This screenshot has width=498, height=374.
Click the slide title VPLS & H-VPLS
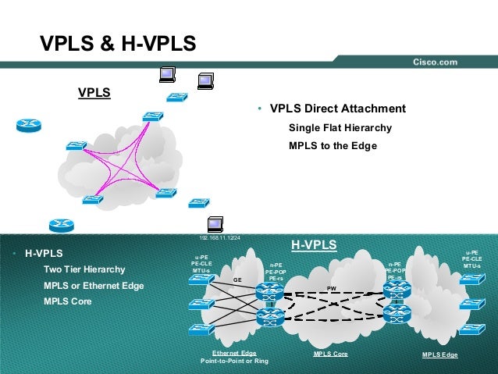[117, 44]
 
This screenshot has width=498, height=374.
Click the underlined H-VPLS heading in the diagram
[314, 246]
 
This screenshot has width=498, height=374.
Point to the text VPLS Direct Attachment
[337, 109]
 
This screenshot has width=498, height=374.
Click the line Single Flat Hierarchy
[340, 128]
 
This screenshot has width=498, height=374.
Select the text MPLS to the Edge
[333, 146]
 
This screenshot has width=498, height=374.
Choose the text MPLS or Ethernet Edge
[94, 287]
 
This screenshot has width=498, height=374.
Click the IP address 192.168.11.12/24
[220, 237]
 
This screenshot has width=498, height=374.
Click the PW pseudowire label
[331, 288]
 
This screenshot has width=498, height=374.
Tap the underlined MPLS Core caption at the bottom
[330, 354]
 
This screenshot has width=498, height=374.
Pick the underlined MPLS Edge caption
[440, 354]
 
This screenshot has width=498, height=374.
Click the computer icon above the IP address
[216, 223]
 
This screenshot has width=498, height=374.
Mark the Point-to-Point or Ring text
[234, 362]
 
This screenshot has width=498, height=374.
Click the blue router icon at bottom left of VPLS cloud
[60, 226]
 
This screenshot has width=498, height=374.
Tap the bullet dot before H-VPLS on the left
[15, 255]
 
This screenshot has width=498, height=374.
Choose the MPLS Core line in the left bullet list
[67, 301]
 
